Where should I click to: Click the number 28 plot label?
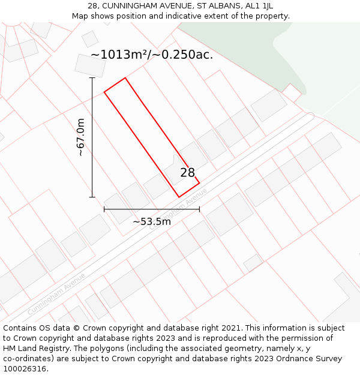point(188,173)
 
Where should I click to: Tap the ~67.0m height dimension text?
point(80,137)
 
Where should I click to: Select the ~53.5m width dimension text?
point(152,221)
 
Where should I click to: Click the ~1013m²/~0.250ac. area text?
point(152,55)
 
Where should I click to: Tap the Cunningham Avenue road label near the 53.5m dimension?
point(178,209)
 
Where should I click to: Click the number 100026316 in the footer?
point(25,368)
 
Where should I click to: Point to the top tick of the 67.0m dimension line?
point(92,77)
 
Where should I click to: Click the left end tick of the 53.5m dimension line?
point(104,209)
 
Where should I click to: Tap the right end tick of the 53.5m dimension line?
point(199,209)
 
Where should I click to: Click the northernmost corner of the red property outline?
point(125,78)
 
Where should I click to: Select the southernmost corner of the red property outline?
point(179,197)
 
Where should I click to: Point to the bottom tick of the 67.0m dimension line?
point(92,197)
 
